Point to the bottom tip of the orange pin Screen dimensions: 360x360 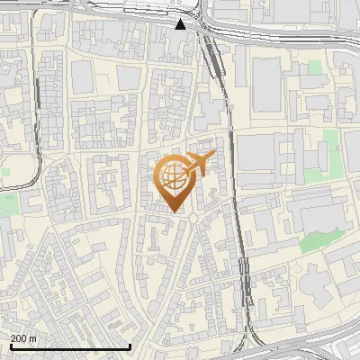click(x=174, y=211)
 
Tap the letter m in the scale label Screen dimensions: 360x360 click(x=33, y=338)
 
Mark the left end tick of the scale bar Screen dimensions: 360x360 click(x=11, y=346)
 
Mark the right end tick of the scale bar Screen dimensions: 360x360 click(x=130, y=346)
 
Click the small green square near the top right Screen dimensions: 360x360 click(x=314, y=67)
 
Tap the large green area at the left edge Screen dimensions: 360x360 click(x=7, y=203)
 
